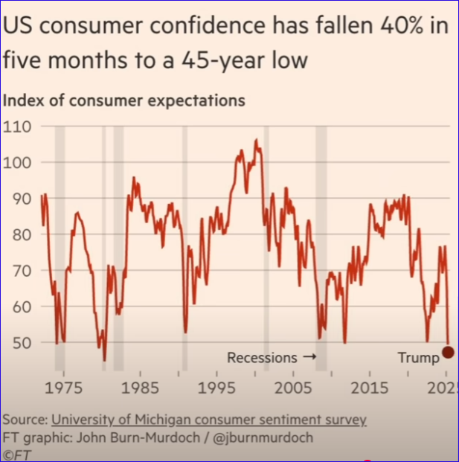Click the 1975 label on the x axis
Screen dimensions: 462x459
click(x=63, y=388)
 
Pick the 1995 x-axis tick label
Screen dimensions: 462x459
click(x=216, y=388)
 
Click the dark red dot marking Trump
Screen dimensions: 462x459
click(x=448, y=351)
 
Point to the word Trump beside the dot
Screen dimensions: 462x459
click(x=418, y=358)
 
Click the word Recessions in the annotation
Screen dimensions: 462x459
click(x=262, y=358)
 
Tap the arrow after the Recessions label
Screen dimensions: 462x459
click(x=309, y=358)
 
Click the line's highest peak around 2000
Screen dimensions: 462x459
click(x=256, y=140)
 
